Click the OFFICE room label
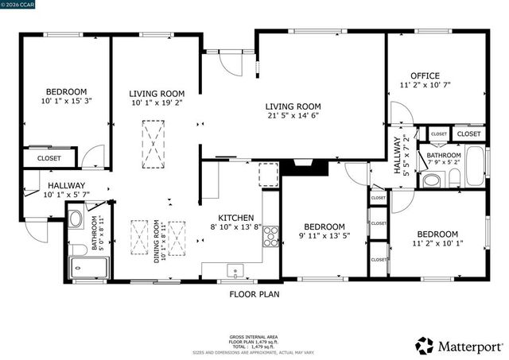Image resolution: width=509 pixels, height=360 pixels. pyautogui.click(x=425, y=75)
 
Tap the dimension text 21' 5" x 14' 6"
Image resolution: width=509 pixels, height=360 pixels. pyautogui.click(x=293, y=116)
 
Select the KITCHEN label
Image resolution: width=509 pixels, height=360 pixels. pyautogui.click(x=236, y=217)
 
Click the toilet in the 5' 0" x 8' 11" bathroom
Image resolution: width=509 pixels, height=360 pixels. pyautogui.click(x=76, y=219)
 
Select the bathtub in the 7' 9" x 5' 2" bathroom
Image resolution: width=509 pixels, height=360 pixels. pyautogui.click(x=475, y=166)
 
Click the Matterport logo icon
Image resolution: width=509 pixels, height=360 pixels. pyautogui.click(x=425, y=346)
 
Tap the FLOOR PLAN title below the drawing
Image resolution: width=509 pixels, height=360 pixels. pyautogui.click(x=254, y=293)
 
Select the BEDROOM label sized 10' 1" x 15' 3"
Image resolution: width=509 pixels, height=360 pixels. pyautogui.click(x=66, y=91)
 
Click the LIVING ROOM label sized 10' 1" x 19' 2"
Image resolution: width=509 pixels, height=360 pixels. pyautogui.click(x=157, y=93)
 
